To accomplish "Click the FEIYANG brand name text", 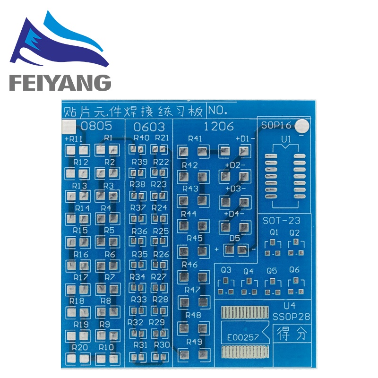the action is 60,82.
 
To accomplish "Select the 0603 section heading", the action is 149,127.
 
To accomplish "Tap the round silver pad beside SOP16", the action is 302,126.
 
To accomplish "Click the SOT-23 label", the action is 282,221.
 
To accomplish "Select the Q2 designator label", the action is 294,232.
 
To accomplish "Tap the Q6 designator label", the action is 294,270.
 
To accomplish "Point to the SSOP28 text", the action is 291,315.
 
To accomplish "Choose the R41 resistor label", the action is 195,139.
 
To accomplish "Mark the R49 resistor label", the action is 194,341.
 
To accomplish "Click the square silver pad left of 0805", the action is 68,127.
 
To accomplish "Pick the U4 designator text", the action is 289,306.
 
